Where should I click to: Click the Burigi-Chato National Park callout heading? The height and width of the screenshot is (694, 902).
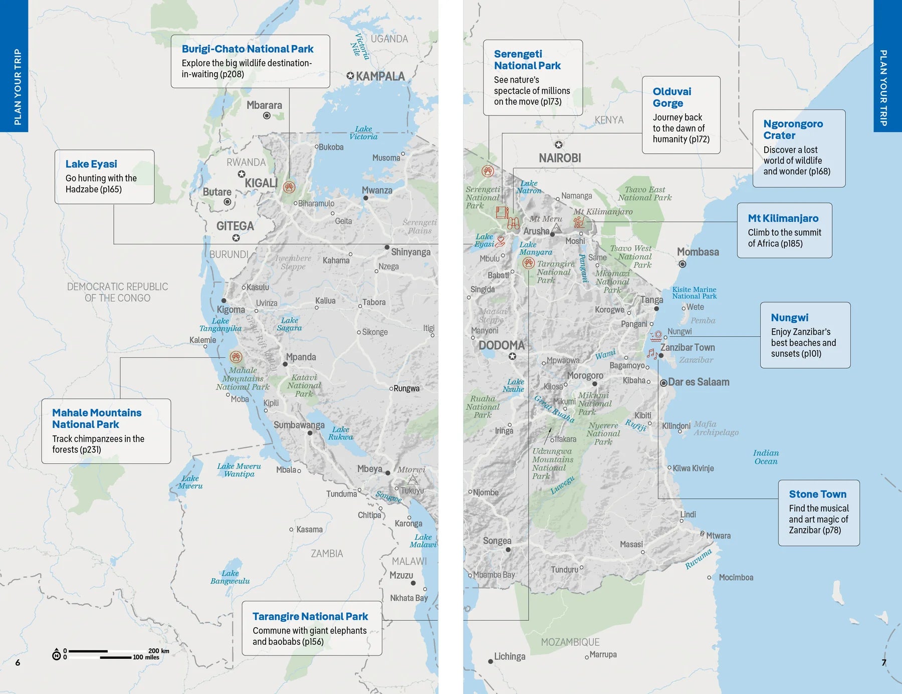[247, 49]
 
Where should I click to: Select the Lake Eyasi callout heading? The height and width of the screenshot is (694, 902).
[91, 164]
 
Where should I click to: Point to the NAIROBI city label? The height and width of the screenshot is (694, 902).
[560, 158]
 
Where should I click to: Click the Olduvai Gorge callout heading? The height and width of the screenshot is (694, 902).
[671, 97]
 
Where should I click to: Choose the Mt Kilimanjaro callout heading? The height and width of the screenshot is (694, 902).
[783, 218]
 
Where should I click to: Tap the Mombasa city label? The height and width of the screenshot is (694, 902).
[698, 252]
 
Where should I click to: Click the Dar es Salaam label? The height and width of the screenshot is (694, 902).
[698, 382]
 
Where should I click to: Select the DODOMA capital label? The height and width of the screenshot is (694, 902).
[502, 346]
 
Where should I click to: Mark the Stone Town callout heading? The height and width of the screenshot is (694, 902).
[817, 495]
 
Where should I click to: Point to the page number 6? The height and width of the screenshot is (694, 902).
[18, 663]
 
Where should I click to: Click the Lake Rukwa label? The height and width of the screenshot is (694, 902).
[340, 433]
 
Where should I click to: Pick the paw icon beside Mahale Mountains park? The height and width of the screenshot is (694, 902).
[236, 357]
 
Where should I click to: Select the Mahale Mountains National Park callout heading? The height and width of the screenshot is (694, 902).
[97, 418]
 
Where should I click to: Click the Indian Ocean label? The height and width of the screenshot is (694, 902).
[766, 457]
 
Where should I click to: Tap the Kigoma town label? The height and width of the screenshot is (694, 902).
[231, 310]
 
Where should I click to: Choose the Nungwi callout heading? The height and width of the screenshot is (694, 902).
[789, 318]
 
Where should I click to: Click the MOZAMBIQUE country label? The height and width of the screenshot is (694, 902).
[570, 642]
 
